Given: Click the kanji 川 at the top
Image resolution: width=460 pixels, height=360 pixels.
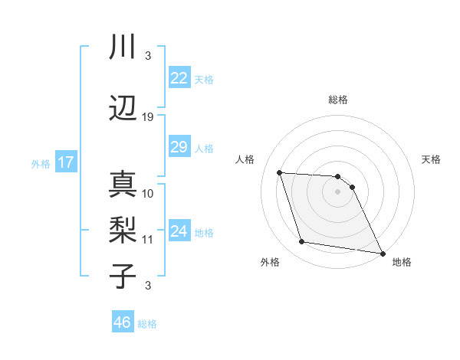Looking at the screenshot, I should [123, 47].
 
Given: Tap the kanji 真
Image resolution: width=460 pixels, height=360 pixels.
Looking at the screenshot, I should [123, 184].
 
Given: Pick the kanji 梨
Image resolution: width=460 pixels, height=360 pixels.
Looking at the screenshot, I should [123, 230].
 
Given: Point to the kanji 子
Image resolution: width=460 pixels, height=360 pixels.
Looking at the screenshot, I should [123, 276].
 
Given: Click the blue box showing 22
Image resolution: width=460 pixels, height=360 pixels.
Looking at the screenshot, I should [179, 78].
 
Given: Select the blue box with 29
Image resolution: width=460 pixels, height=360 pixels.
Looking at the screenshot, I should [179, 147].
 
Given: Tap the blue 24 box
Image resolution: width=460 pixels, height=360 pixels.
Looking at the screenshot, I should [179, 231].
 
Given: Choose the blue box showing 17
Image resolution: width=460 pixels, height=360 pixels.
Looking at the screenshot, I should [65, 162].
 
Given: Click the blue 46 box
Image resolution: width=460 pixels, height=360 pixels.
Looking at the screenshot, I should [123, 322].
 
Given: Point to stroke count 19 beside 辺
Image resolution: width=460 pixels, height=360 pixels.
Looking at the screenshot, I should [148, 117].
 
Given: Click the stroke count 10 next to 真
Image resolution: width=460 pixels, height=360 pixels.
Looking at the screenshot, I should [148, 193].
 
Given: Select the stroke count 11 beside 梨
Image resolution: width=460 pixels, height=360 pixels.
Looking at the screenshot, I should [148, 240].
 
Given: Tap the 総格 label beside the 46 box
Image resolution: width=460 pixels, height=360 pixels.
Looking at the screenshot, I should [147, 324].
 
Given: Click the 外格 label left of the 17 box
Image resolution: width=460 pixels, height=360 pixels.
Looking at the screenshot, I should [41, 163].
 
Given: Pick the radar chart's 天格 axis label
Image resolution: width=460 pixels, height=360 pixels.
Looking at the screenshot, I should [432, 159].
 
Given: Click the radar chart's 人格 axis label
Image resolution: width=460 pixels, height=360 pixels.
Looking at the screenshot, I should [245, 159].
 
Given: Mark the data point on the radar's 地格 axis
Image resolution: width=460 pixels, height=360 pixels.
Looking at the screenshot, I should [383, 253].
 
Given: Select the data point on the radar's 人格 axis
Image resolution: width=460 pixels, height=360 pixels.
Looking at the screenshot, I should [280, 172].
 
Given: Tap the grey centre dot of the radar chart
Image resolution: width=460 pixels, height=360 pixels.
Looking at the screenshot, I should [337, 191].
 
